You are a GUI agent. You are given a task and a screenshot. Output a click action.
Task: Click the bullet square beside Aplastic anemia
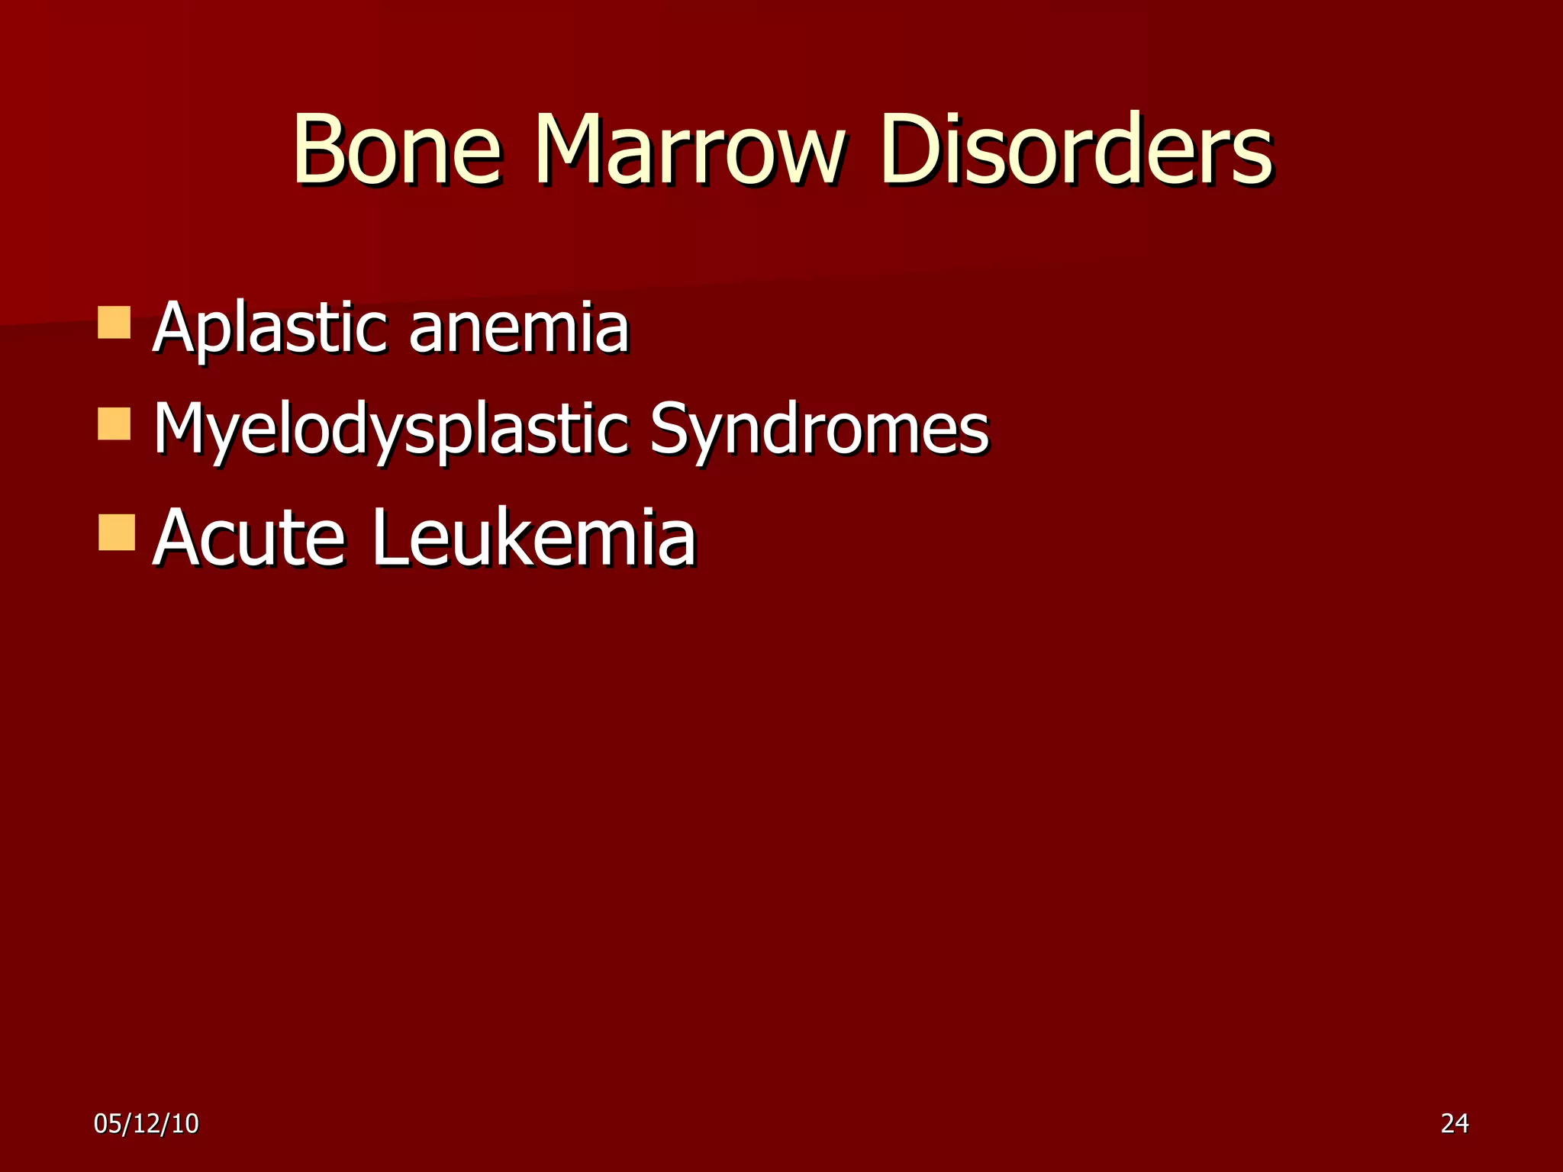tap(114, 323)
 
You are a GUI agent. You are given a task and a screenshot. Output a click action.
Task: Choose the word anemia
tap(519, 329)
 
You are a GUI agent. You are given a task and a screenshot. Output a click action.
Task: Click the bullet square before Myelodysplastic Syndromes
tap(114, 424)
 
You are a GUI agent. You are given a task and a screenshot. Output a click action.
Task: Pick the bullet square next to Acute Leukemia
tap(117, 532)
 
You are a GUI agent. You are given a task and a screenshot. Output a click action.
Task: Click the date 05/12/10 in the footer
tap(146, 1123)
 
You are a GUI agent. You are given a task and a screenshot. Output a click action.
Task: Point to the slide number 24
tap(1454, 1123)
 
